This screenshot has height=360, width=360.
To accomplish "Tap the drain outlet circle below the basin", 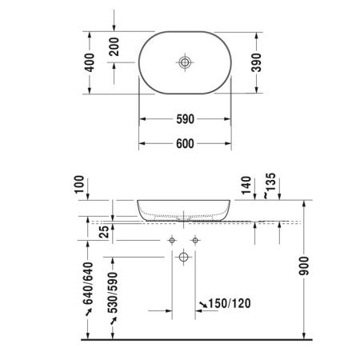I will [183, 257].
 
